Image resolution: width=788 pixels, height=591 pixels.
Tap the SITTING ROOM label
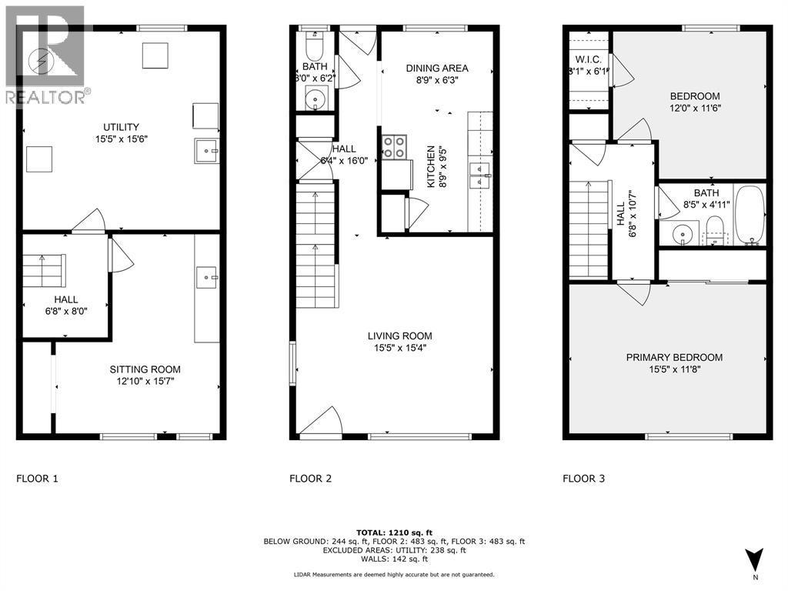click(145, 369)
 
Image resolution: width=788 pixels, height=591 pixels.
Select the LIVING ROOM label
click(399, 336)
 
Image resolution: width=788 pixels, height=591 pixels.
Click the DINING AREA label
click(437, 68)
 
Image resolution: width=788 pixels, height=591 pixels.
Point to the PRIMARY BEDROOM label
click(673, 357)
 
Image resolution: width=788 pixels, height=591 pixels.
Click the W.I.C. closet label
click(589, 60)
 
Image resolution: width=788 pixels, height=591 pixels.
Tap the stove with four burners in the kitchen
click(395, 147)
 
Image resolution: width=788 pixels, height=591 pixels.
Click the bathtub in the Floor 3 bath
click(749, 216)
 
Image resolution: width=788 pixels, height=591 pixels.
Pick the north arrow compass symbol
click(754, 559)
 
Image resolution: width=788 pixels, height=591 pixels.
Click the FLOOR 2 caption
click(310, 479)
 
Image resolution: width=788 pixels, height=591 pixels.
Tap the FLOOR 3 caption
click(583, 479)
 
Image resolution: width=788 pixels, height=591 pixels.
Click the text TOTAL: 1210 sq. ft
click(393, 533)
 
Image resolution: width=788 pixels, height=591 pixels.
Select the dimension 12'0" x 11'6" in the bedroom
click(694, 108)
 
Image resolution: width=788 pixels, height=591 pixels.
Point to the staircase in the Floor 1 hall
click(45, 271)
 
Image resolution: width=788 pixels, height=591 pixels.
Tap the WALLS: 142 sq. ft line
click(393, 559)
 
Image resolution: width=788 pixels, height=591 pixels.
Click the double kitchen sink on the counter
click(480, 175)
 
